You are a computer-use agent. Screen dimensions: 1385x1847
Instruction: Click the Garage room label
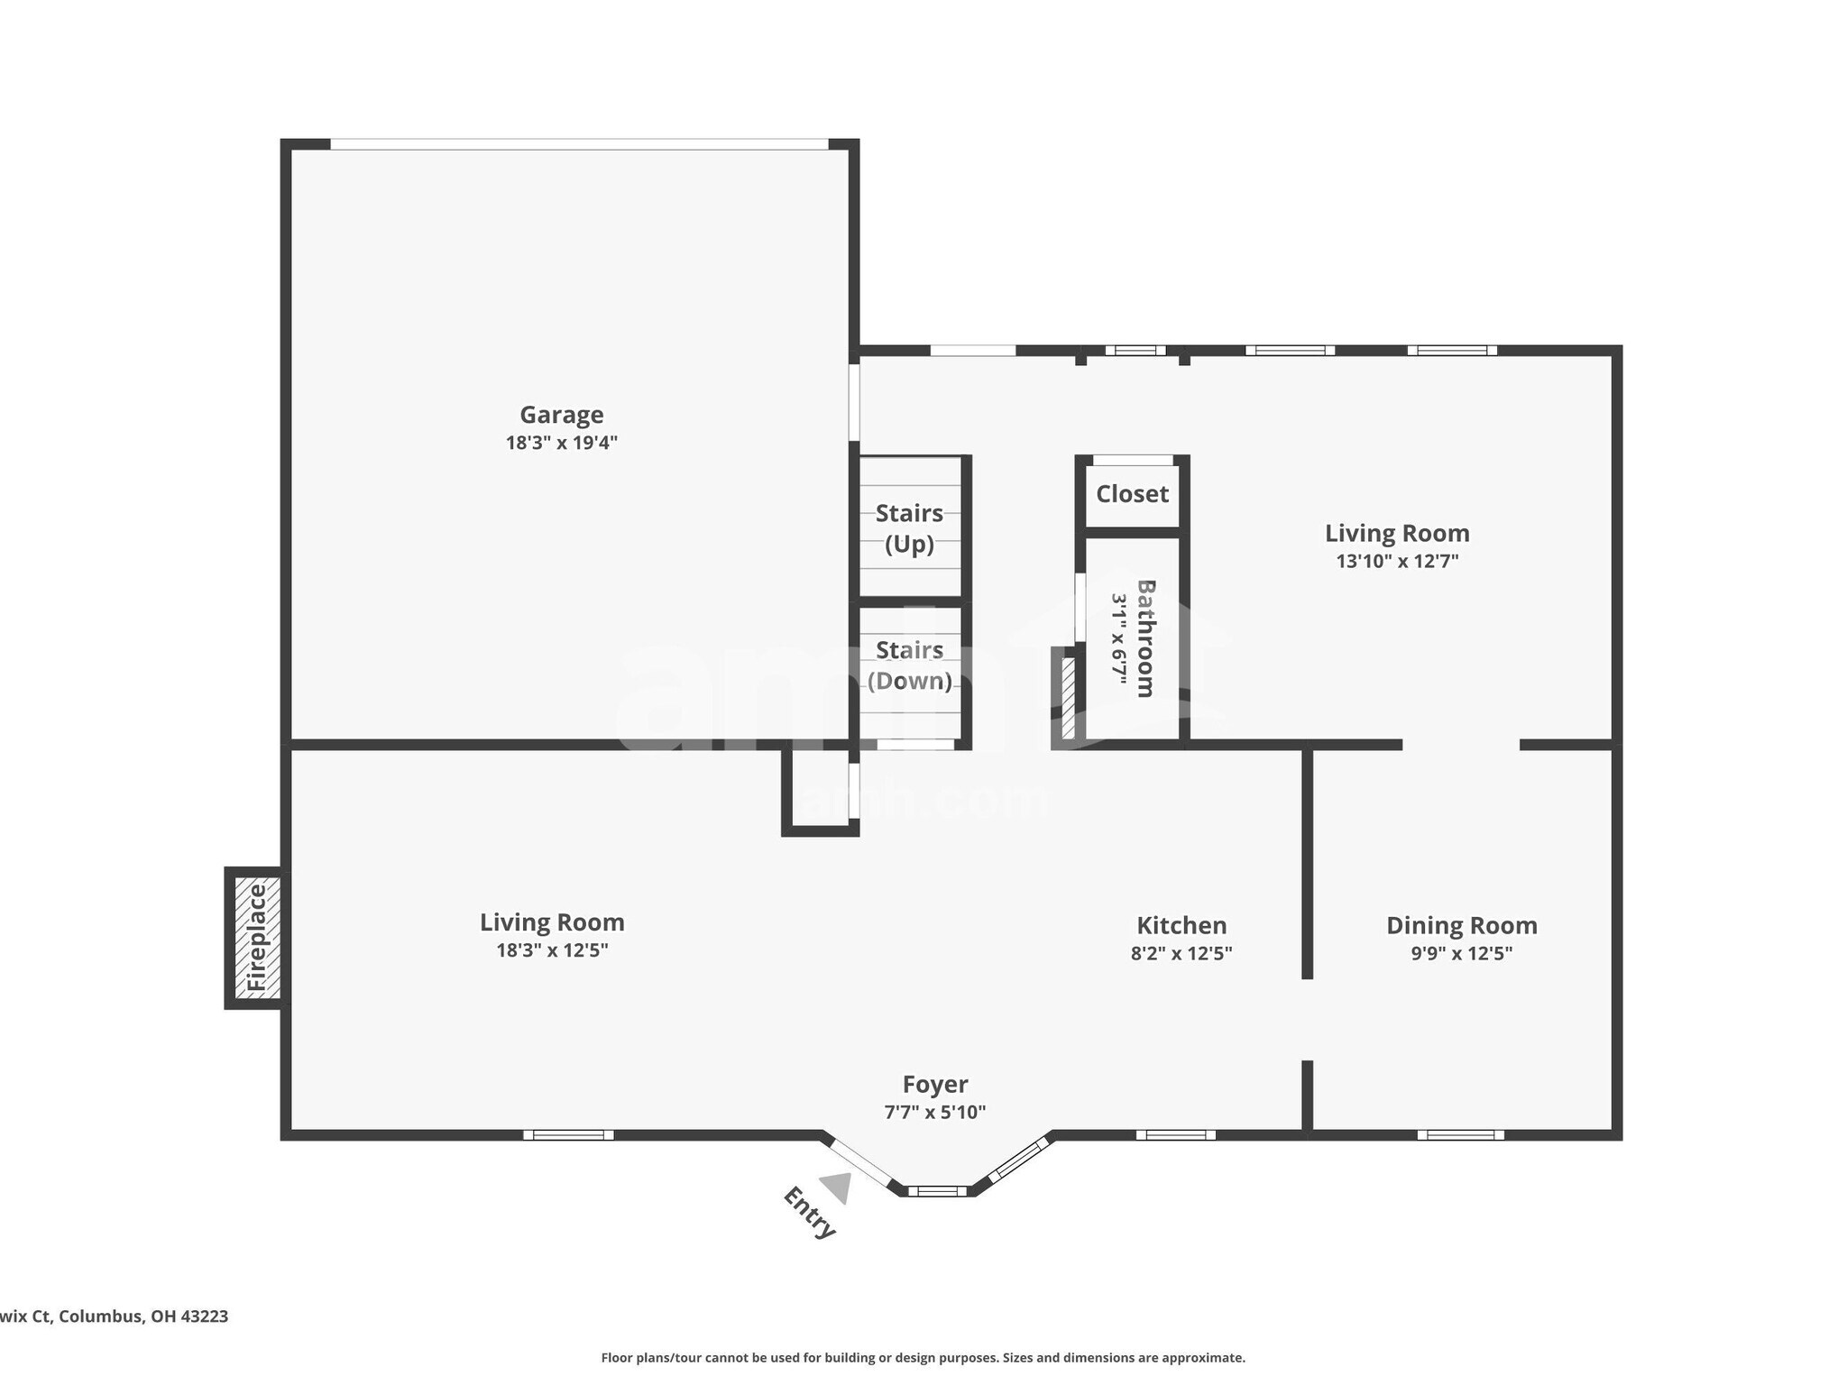click(561, 415)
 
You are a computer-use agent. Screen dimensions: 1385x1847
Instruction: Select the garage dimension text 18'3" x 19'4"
click(561, 443)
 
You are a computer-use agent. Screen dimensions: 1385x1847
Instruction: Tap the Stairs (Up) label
click(909, 528)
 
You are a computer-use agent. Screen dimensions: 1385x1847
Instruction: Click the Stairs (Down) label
click(909, 665)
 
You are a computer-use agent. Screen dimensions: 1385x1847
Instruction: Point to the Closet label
click(1132, 494)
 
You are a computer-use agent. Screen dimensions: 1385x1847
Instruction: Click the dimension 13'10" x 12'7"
click(1397, 561)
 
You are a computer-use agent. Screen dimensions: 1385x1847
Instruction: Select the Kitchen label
click(1181, 925)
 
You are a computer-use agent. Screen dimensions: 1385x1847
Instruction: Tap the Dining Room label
click(1461, 925)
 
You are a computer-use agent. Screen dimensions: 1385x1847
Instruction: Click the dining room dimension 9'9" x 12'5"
click(1461, 953)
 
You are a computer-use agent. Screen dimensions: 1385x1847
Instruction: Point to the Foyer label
click(935, 1084)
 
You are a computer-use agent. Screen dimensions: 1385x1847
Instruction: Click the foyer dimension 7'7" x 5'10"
click(935, 1112)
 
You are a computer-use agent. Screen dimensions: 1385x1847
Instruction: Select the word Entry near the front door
click(809, 1214)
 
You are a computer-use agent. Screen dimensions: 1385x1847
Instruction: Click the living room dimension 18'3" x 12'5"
click(552, 950)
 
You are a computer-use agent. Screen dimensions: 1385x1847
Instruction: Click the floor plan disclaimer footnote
click(923, 1358)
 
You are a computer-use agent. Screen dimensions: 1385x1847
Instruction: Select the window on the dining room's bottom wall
click(1460, 1134)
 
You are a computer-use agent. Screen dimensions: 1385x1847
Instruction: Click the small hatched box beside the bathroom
click(1068, 698)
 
